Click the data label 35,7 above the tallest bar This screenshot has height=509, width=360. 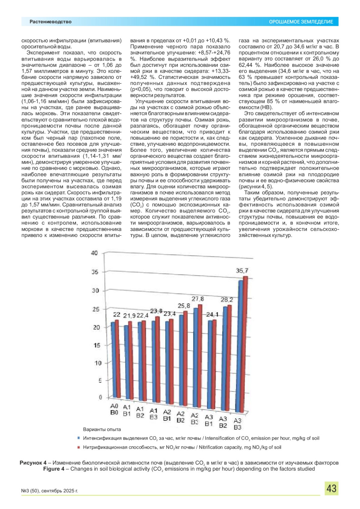242,271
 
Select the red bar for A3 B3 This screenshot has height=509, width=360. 245,345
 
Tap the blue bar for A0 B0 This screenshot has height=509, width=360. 113,360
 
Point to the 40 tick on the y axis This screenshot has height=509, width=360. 94,253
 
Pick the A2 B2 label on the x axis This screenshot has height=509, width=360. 181,417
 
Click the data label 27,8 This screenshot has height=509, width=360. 198,299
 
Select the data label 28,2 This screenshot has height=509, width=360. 227,300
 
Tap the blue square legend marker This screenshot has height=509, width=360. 79,438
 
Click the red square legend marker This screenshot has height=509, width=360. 79,447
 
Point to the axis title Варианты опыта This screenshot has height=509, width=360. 102,430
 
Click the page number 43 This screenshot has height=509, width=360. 331,489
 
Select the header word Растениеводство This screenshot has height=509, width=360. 50,22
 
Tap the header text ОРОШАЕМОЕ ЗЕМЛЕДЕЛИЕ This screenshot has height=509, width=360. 301,22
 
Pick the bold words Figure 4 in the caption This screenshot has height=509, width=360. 54,469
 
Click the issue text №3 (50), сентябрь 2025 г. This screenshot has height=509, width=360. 49,491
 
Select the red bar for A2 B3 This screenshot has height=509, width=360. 200,357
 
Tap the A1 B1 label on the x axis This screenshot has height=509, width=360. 127,411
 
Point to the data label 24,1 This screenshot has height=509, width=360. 212,315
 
